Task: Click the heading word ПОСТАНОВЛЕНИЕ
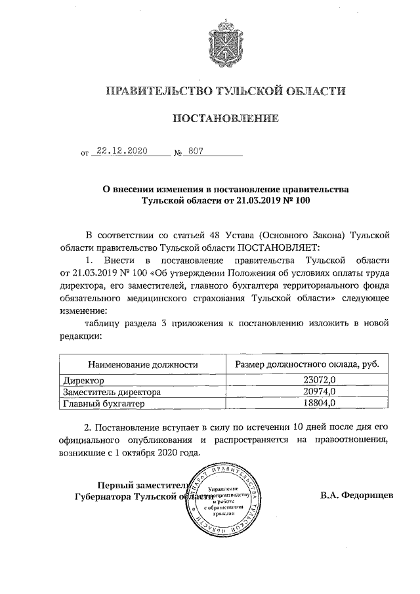click(225, 119)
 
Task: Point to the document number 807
click(196, 150)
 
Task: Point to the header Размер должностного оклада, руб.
click(306, 364)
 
